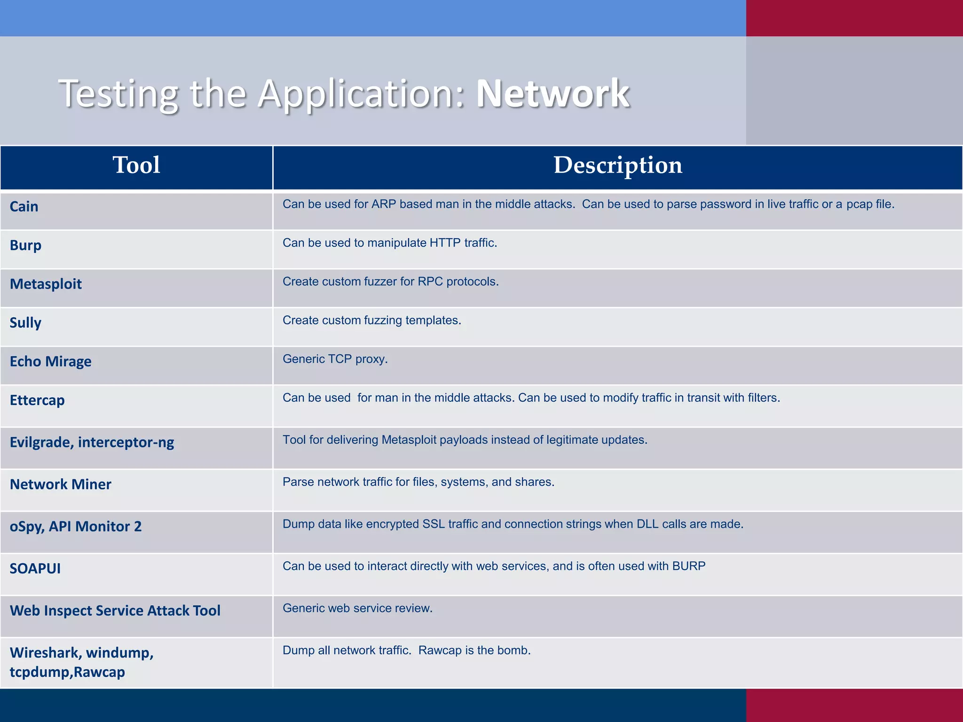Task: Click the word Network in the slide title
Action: coord(553,94)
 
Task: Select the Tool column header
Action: coord(136,165)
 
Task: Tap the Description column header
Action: coord(617,165)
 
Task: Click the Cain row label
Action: coord(24,206)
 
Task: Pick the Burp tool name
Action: coord(25,245)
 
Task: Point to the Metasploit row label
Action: coord(46,284)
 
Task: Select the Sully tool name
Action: coord(25,323)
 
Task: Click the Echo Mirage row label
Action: coord(50,361)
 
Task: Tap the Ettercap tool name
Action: coord(37,400)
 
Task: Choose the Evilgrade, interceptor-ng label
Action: coord(92,442)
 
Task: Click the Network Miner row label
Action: coord(60,484)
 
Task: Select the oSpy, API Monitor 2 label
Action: coord(75,526)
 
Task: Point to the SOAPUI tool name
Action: coord(35,568)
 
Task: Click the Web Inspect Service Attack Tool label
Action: coord(115,611)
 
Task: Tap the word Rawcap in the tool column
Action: coord(99,672)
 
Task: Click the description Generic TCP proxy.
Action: coord(335,359)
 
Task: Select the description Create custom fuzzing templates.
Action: coord(371,320)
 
